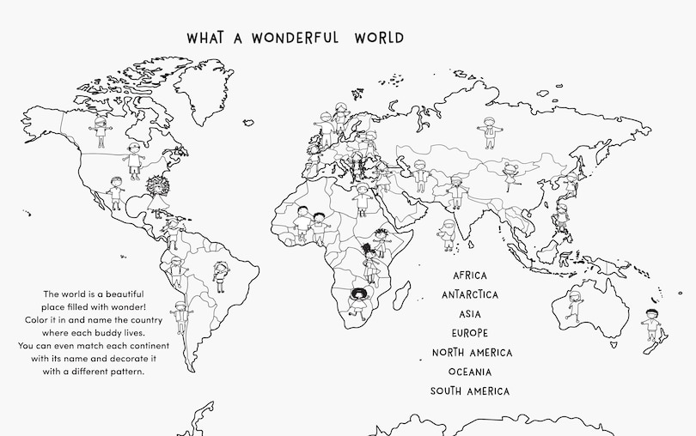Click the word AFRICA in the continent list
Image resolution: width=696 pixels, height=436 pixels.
(x=469, y=276)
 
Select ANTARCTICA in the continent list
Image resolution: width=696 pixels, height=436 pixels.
(x=469, y=294)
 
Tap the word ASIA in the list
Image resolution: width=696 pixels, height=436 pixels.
(x=469, y=314)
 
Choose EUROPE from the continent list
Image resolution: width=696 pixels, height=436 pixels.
(x=469, y=333)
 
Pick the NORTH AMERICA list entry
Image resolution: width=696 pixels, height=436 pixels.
(x=472, y=353)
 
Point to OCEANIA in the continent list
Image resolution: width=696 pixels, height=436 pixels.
(x=470, y=372)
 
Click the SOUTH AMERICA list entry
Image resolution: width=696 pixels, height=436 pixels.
(x=470, y=391)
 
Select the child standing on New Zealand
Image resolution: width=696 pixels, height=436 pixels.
(x=651, y=323)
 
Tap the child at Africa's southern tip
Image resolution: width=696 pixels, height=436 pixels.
(x=357, y=302)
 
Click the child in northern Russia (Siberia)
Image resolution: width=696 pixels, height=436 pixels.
(x=489, y=133)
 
